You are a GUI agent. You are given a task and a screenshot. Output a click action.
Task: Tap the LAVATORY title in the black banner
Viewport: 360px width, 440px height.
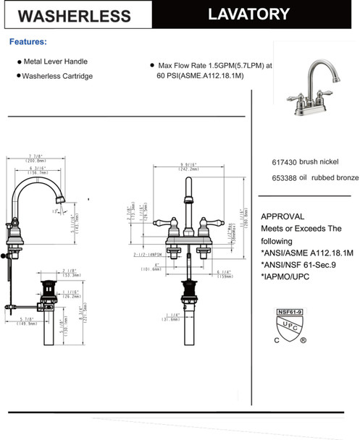point(247,14)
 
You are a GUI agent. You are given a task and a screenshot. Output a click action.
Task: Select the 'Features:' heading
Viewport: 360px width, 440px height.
point(28,42)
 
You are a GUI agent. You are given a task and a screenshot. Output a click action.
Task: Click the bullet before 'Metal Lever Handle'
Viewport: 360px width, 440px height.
point(19,62)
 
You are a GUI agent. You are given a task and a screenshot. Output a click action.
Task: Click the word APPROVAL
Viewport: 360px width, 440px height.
point(282,216)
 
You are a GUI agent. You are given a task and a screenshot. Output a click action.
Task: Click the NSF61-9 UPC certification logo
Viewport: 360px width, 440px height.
point(291,325)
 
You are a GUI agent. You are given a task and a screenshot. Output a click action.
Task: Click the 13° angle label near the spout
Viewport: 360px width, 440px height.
point(56,211)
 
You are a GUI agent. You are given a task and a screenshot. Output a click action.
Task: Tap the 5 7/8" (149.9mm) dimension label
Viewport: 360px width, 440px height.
point(29,321)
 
